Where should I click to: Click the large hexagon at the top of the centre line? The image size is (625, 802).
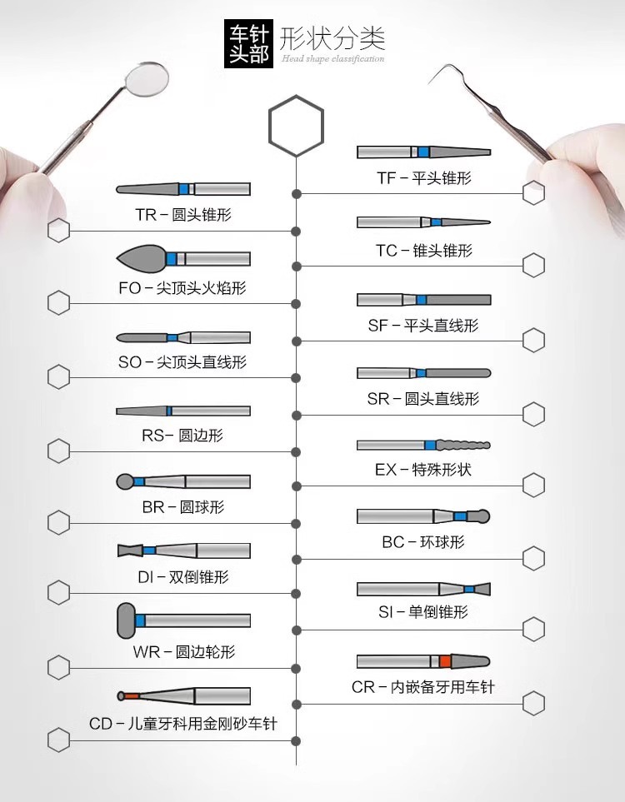296,127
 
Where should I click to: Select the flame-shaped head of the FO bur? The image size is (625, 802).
142,258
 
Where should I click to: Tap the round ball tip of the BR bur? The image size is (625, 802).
124,481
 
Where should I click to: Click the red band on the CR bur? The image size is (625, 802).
445,661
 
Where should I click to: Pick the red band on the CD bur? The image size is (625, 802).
132,695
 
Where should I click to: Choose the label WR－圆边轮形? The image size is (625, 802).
184,652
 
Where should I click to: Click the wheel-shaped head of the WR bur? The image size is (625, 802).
126,620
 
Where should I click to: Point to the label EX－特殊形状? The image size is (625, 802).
423,470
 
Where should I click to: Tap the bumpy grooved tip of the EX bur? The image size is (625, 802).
463,445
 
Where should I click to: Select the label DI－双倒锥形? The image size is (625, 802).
183,577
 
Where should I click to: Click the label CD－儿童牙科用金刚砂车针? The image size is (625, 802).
183,724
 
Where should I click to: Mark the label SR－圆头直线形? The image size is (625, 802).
423,399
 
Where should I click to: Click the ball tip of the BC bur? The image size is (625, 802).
482,516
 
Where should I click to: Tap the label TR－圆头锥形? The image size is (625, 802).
183,215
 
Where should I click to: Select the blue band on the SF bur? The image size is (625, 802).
422,300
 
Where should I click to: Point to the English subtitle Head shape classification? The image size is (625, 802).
332,59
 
